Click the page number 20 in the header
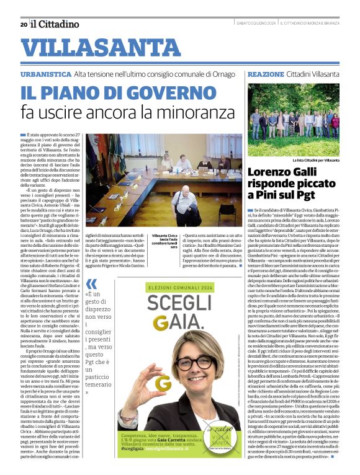(23, 24)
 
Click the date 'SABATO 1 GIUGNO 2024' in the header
(254, 24)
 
